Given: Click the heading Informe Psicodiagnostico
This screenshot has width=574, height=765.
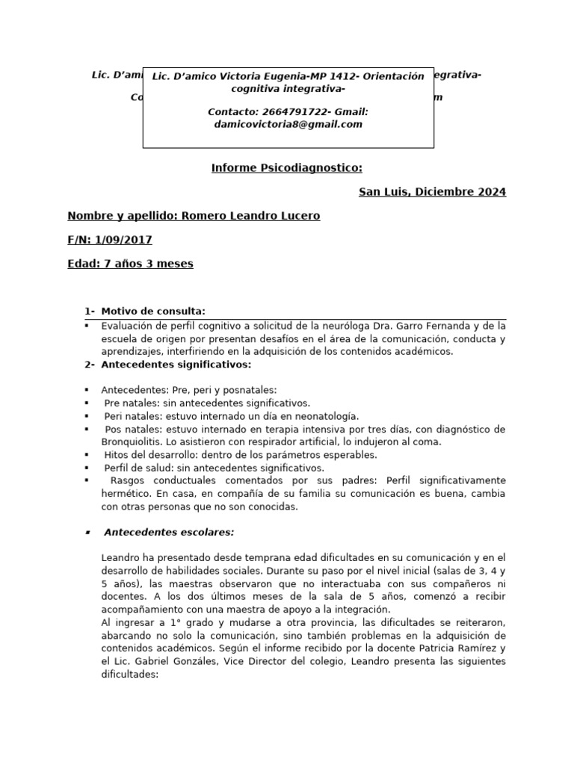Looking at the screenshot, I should (x=287, y=168).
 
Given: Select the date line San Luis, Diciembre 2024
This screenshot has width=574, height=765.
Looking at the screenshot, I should (x=432, y=192).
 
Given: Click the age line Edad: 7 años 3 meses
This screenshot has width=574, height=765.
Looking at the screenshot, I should (x=130, y=264).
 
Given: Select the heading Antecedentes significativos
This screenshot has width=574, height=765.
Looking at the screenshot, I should (x=176, y=365).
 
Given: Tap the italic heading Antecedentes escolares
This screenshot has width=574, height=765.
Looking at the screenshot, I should (x=169, y=533).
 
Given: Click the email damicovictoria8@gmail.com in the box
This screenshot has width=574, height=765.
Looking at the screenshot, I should (x=288, y=125).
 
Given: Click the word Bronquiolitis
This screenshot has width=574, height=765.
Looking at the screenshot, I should (x=136, y=442).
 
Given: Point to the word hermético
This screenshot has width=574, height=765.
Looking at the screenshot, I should (x=126, y=493).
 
